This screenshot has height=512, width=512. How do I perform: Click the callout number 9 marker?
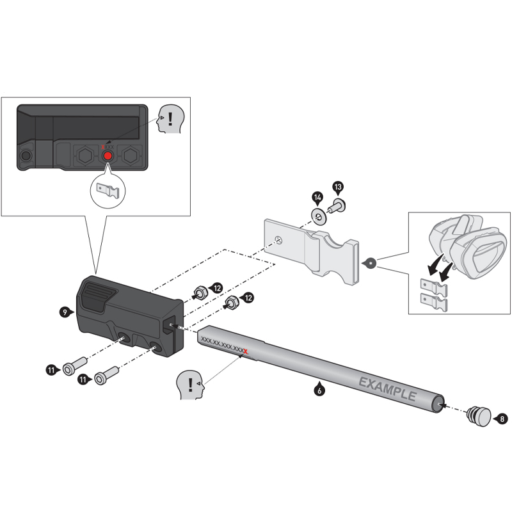64,312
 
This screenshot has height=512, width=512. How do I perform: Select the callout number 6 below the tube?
318,387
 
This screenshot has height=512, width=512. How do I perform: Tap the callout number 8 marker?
502,419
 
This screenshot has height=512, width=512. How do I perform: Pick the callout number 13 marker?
338,186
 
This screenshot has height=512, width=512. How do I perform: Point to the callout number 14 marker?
317,196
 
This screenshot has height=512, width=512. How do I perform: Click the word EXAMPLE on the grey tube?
387,388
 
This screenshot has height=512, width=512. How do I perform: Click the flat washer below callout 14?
318,213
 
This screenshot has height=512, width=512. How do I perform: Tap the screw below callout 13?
337,205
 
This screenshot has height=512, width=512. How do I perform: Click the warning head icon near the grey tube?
189,384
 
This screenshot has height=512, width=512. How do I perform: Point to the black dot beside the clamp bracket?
369,262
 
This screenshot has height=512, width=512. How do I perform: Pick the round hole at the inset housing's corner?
26,156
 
